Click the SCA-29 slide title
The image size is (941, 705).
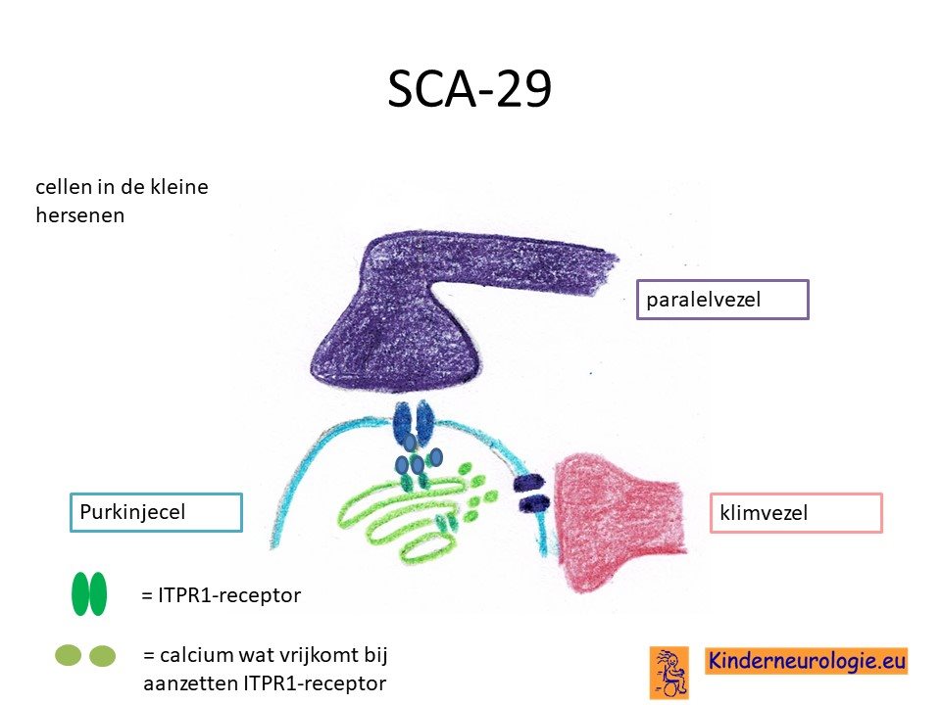point(470,89)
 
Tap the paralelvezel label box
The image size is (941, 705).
point(722,300)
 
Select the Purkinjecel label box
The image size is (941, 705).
point(156,512)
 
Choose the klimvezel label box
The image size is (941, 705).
point(796,512)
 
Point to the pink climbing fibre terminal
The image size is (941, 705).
point(619,522)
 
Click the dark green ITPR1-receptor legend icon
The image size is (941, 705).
point(89,594)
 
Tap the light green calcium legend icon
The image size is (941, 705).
point(85,655)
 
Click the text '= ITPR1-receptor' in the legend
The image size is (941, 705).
point(221,595)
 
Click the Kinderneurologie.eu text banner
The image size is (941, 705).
point(807,661)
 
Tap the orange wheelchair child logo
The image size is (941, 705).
point(669,672)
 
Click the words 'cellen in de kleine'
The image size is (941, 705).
point(122,187)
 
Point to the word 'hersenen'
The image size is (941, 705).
point(79,215)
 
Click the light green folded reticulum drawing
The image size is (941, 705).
point(408,516)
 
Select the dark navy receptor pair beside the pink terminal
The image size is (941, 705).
point(529,493)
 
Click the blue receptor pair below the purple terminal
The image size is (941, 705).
point(413,423)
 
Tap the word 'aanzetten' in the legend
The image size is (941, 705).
point(189,683)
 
